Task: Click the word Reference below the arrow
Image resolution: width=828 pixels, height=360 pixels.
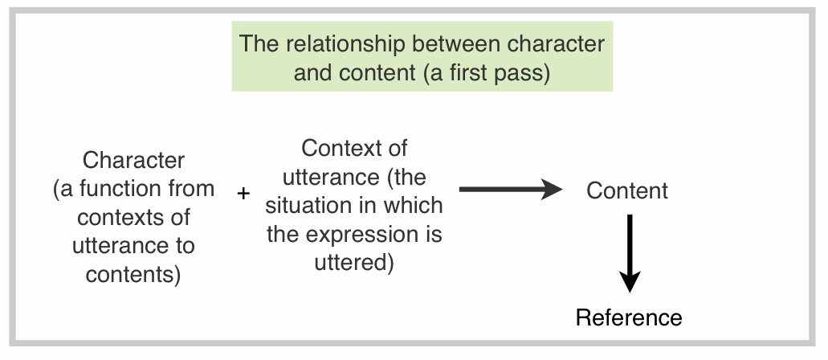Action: [629, 317]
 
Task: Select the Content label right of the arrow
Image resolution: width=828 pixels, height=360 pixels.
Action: [626, 191]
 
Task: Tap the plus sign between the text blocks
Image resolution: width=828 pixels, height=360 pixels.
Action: [244, 193]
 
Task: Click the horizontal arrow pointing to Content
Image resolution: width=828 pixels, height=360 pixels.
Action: [510, 190]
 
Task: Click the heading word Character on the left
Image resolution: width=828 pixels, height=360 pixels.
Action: [133, 160]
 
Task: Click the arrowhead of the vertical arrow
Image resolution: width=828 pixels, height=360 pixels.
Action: [630, 281]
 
